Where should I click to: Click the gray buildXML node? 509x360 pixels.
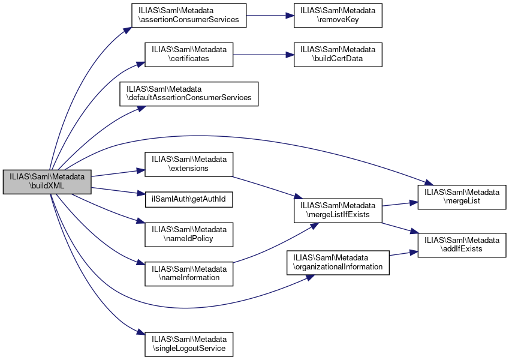[47, 182]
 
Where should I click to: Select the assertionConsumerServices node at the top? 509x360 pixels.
[189, 16]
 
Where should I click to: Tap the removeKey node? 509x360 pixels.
[338, 16]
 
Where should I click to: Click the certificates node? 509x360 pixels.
[189, 55]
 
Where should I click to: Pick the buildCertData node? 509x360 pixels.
[338, 55]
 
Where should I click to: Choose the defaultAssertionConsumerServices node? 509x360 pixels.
[189, 94]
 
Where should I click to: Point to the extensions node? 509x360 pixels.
[189, 164]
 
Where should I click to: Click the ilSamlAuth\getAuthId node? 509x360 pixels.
[189, 199]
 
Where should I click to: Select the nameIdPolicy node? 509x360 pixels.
[189, 235]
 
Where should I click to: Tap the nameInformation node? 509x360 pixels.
[189, 274]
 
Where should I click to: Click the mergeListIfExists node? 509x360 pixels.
[337, 209]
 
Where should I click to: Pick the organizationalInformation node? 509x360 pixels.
[337, 262]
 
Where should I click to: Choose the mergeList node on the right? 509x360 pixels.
[462, 196]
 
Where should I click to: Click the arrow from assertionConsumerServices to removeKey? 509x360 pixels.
[270, 16]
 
